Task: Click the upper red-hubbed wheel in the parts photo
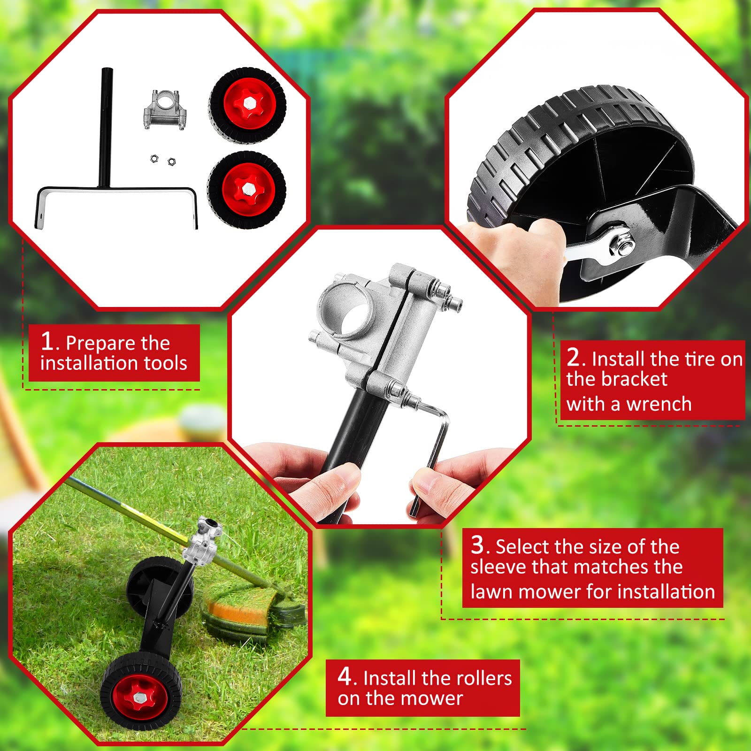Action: [247, 104]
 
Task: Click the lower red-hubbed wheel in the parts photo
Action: [247, 189]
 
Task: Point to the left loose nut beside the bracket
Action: [153, 159]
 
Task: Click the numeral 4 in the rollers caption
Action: [344, 676]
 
